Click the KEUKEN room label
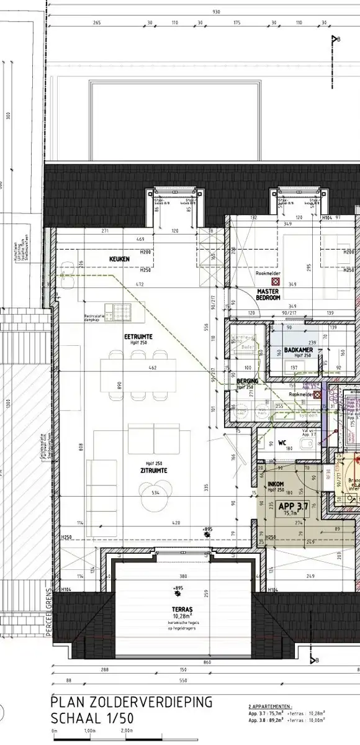[119, 258]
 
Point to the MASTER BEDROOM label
[269, 294]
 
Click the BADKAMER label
[299, 350]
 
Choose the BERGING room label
[247, 381]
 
